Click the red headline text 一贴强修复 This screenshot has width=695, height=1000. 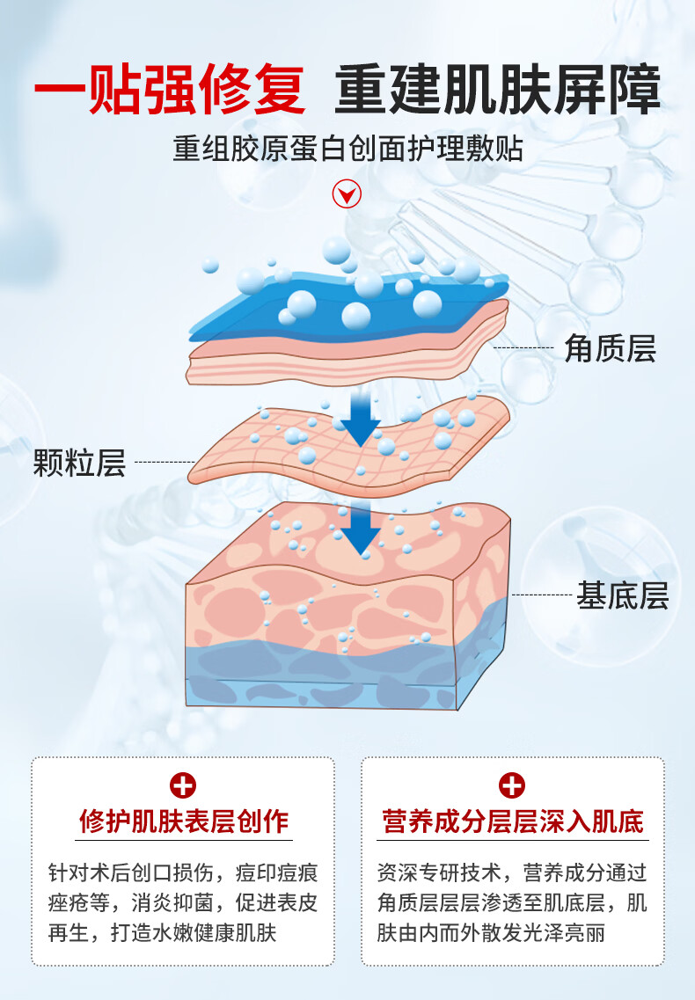(170, 91)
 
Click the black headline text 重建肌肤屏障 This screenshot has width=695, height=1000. (497, 91)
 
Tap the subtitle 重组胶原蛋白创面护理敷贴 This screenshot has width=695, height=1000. (347, 148)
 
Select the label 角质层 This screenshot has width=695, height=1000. (610, 349)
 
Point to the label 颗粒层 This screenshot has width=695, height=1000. (79, 462)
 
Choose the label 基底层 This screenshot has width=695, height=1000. (622, 596)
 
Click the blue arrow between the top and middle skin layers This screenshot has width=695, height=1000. (360, 419)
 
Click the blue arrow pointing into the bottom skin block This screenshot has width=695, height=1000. (361, 528)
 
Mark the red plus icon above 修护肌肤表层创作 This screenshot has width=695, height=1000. (183, 785)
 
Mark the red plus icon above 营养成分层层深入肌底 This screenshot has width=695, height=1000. (511, 785)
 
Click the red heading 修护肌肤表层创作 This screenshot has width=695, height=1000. (183, 821)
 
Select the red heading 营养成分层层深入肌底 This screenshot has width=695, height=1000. (512, 821)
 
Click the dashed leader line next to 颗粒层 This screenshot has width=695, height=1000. (165, 462)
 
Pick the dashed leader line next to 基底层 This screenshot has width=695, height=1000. (542, 595)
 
